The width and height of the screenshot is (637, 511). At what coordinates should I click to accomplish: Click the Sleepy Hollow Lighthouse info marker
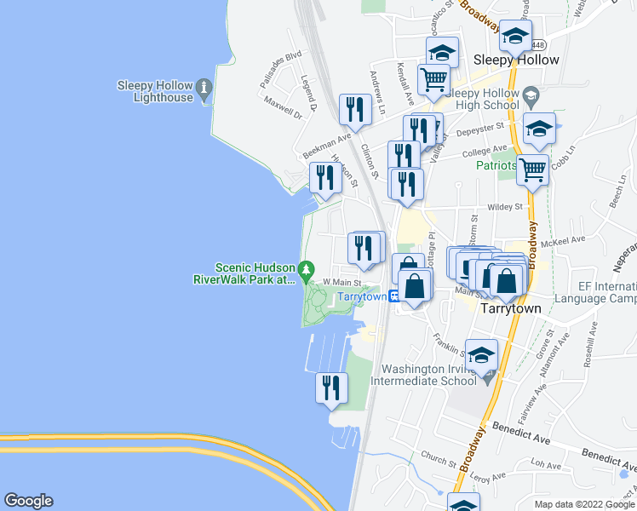[x=204, y=88]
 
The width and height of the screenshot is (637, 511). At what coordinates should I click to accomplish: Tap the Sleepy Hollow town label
[x=516, y=60]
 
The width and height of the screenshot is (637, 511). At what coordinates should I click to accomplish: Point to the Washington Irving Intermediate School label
[x=428, y=375]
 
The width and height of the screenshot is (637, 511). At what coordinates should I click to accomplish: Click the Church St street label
[x=440, y=461]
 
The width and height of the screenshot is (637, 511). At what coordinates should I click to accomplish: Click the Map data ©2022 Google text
[x=584, y=504]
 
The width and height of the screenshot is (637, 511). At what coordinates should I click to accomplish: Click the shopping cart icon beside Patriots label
[x=532, y=169]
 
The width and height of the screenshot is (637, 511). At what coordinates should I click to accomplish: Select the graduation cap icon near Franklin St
[x=481, y=353]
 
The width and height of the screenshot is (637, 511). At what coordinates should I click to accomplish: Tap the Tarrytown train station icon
[x=395, y=296]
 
